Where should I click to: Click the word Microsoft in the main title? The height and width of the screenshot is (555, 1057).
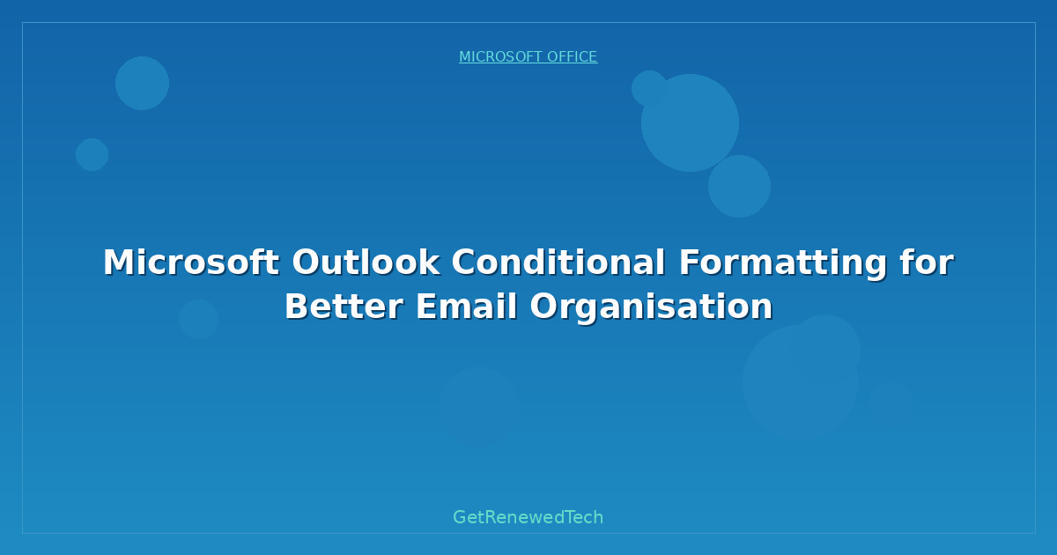(191, 263)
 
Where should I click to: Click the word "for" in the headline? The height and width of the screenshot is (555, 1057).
(928, 263)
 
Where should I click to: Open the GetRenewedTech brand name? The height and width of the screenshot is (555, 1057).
(528, 517)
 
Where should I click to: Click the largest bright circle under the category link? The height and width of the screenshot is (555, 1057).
(690, 122)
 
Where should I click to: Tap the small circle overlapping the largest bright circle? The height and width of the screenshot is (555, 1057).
(649, 88)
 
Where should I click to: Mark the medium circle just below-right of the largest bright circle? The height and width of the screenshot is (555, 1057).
(739, 186)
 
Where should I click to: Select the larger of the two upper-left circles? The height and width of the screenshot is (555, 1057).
(142, 83)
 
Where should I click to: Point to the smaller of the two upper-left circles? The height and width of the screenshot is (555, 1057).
(92, 154)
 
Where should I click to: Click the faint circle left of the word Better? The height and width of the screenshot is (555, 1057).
(198, 319)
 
